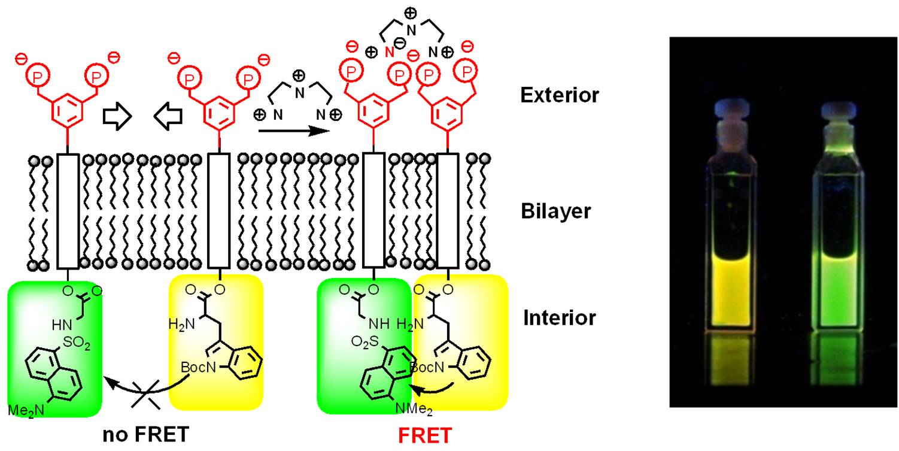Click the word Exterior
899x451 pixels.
coord(559,95)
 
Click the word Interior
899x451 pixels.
coord(560,317)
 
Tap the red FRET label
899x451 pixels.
coord(425,435)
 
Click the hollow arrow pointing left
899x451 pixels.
coord(166,114)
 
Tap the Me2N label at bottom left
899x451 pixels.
coord(23,410)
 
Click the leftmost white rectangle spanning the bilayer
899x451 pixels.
coord(68,211)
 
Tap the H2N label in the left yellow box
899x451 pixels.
coord(180,325)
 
